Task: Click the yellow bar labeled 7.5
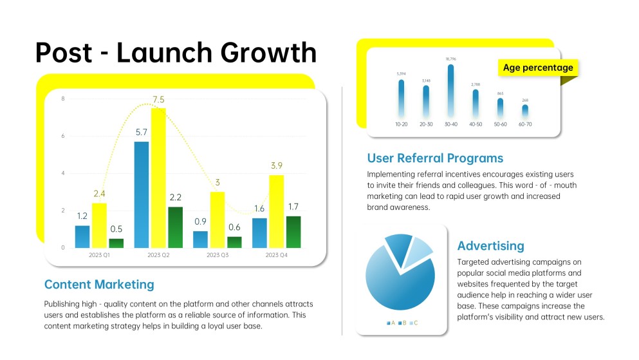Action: [158, 178]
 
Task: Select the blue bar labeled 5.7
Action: [141, 194]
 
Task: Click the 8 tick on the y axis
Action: [62, 99]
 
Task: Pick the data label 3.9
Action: [276, 166]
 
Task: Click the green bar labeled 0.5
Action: [116, 243]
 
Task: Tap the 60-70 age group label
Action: [525, 124]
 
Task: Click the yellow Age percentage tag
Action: [537, 68]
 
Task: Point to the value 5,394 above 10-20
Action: [401, 73]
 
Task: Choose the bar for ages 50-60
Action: [500, 108]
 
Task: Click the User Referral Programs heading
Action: [435, 158]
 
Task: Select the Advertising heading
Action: [490, 246]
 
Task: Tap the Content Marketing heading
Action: [99, 284]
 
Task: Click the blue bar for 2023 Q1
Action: [82, 236]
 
